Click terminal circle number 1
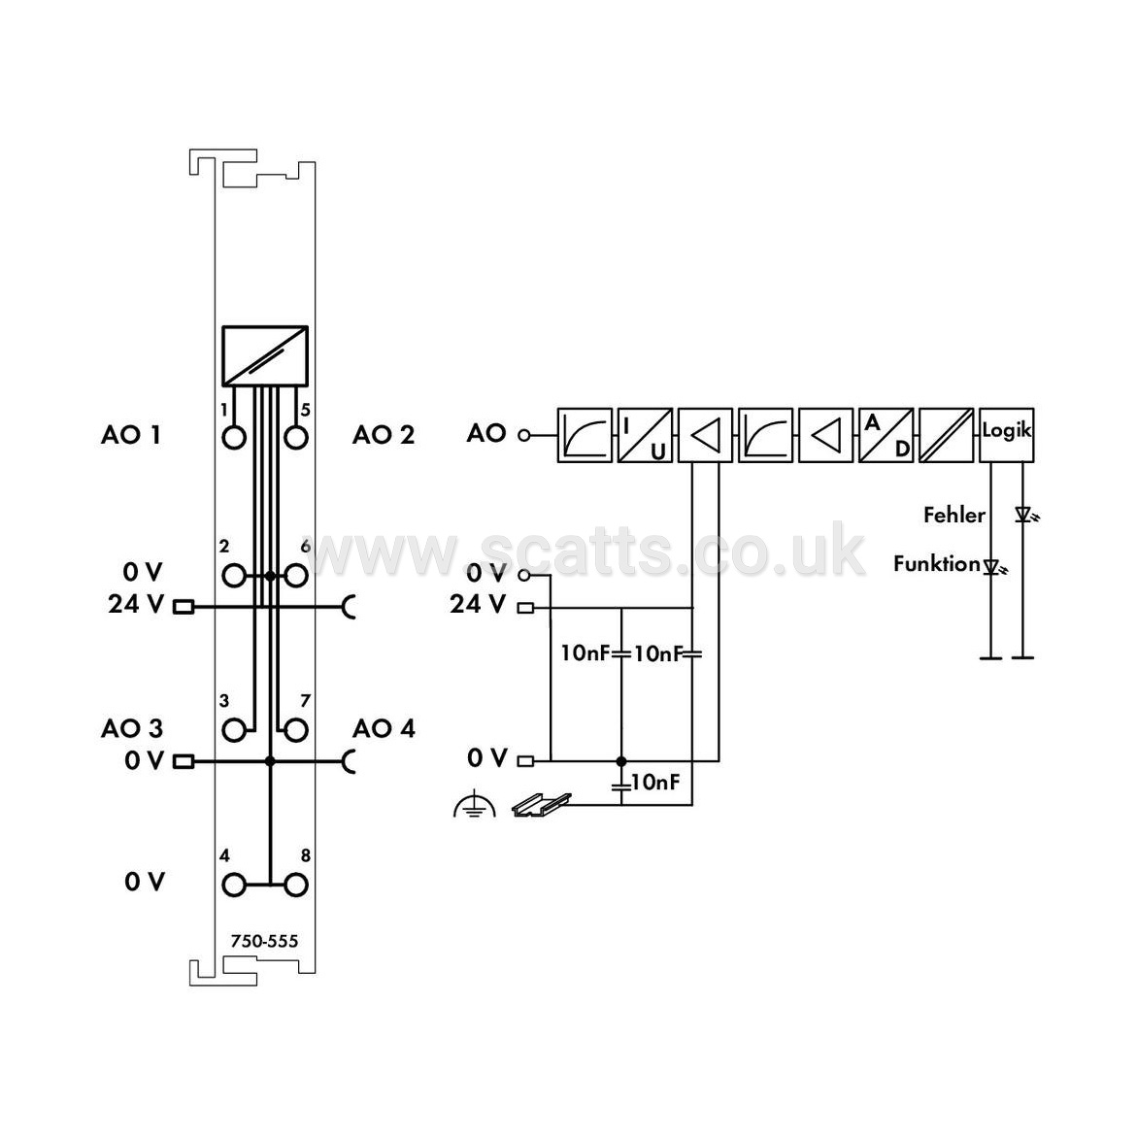(x=233, y=438)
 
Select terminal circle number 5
(x=296, y=438)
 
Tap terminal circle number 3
(x=233, y=730)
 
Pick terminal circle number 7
(x=296, y=730)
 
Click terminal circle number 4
(x=233, y=886)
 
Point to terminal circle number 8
(x=296, y=886)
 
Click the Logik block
(x=1007, y=435)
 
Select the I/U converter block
(x=645, y=435)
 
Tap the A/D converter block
(x=886, y=435)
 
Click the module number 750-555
(x=264, y=941)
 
